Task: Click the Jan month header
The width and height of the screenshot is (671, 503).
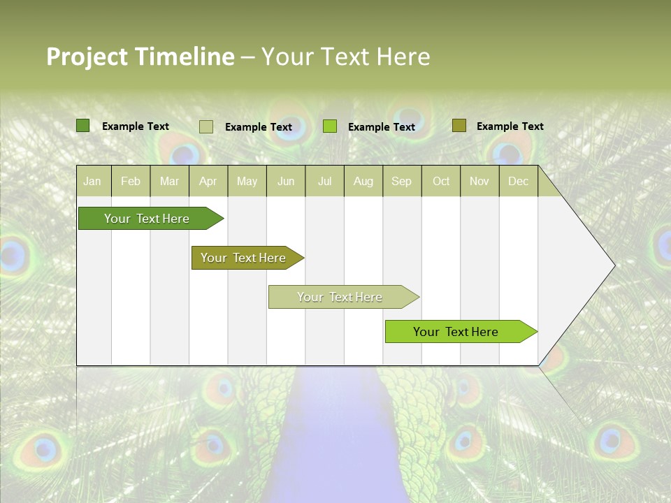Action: pos(92,181)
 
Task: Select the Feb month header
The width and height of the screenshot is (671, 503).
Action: pos(131,181)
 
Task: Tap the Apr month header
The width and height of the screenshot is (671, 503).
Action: pos(208,181)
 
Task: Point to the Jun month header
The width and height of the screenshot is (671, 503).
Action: pos(286,181)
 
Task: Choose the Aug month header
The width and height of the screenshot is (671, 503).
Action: pos(363,181)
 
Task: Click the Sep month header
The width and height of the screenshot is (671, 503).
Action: pos(401,181)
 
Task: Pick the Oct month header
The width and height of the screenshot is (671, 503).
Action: pos(441,181)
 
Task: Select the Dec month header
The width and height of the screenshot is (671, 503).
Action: pos(518,181)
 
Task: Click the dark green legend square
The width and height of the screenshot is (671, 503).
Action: pos(82,126)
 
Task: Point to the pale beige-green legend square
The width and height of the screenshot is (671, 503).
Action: pos(205,126)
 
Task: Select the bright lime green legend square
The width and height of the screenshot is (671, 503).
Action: pos(330,126)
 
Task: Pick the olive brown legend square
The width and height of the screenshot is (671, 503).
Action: pos(459,126)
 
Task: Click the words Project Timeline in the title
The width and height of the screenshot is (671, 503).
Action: pos(140,57)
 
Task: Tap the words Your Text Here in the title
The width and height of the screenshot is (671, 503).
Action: pos(345,57)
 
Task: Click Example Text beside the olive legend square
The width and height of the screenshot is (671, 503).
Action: pos(510,126)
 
